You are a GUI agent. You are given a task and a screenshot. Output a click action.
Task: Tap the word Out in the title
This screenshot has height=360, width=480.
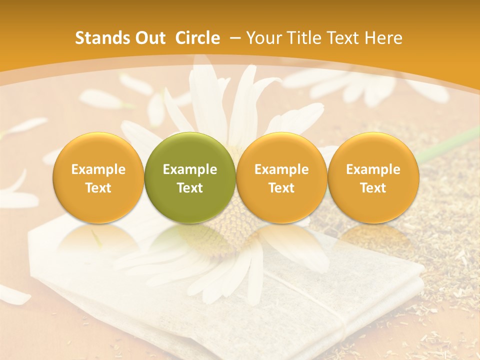(149, 38)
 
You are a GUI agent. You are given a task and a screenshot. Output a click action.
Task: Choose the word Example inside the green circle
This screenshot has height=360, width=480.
(190, 169)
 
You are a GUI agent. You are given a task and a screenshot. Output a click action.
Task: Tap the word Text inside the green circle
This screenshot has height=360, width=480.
(190, 188)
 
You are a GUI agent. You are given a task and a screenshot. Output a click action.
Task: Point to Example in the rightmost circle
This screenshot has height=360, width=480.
(373, 169)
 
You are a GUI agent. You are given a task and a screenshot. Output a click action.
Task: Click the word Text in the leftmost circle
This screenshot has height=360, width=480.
(98, 188)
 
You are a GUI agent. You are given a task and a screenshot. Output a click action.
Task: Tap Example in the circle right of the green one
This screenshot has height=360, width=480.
(281, 169)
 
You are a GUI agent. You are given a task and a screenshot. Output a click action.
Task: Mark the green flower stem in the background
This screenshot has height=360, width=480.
(450, 142)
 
